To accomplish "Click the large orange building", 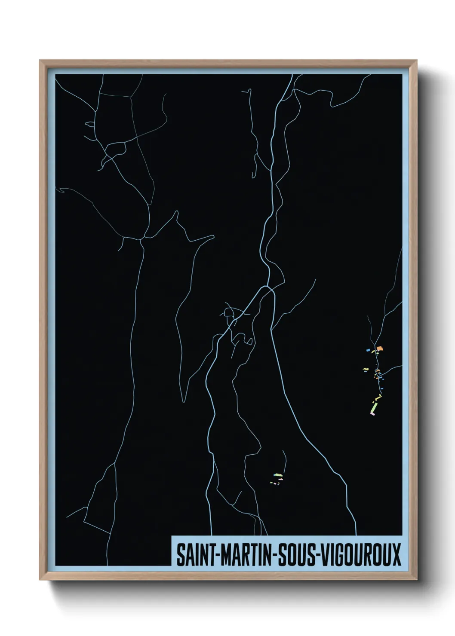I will tap(379, 349).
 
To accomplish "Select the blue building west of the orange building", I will tap(368, 351).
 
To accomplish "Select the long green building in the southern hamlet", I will tap(277, 474).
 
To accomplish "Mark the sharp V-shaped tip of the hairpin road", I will tap(184, 400).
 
